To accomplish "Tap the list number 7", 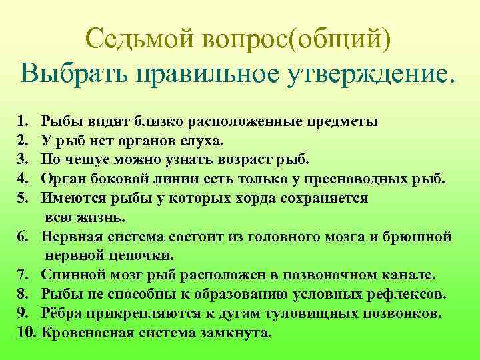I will (23, 275).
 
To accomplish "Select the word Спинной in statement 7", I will (70, 275).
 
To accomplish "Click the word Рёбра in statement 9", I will (61, 313).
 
